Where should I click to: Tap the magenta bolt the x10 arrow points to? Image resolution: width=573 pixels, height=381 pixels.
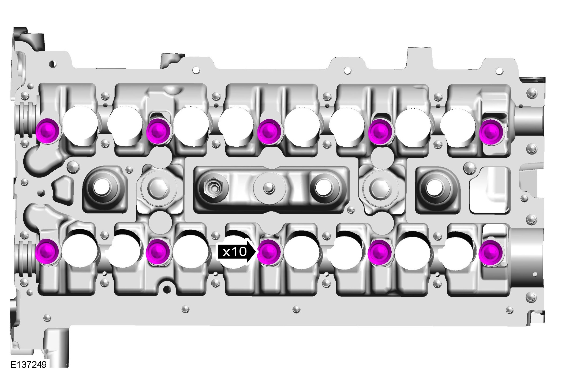pos(269,252)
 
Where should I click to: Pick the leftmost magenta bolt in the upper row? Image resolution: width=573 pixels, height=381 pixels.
pos(47,130)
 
